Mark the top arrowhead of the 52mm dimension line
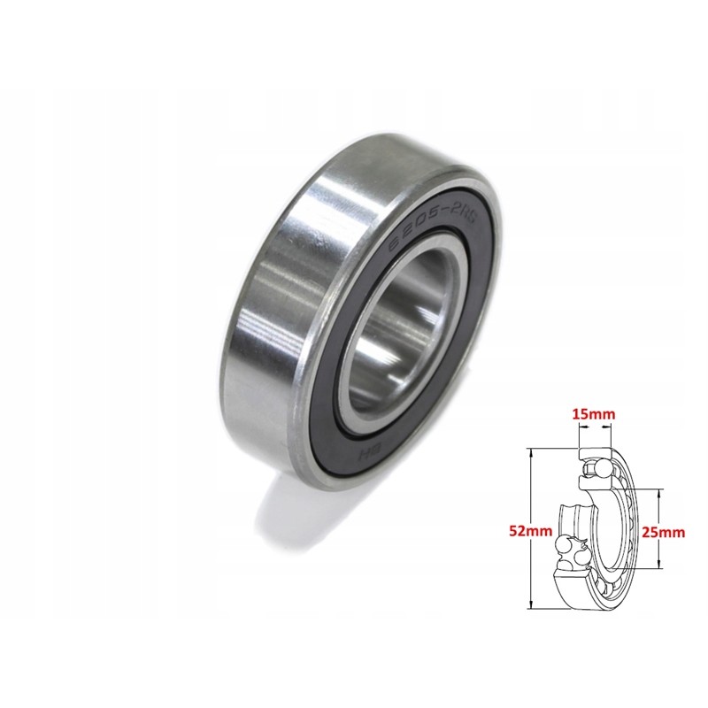pyautogui.click(x=529, y=452)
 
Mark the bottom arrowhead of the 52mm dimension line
pyautogui.click(x=529, y=606)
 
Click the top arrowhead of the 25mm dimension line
pyautogui.click(x=660, y=494)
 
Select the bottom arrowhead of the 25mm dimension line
pyautogui.click(x=660, y=566)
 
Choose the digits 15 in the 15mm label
pyautogui.click(x=580, y=413)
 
